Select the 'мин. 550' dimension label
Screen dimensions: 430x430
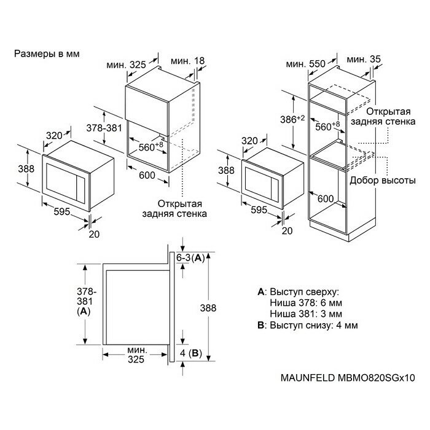click(305, 63)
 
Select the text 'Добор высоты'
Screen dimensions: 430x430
click(378, 181)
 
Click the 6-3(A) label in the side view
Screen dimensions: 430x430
click(190, 259)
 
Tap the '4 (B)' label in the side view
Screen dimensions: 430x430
click(190, 353)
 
